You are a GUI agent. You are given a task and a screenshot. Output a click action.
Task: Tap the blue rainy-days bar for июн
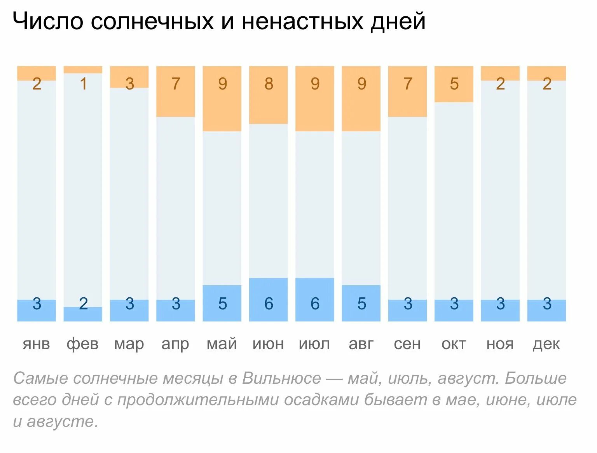point(268,300)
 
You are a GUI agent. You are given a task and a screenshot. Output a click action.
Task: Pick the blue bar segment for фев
point(83,314)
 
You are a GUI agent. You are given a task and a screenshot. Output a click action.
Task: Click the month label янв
point(37,344)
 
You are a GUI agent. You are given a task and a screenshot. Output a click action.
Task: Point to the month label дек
point(546,344)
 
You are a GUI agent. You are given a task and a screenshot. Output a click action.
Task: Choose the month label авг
point(361,344)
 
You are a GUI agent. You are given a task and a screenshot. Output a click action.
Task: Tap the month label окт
point(454,344)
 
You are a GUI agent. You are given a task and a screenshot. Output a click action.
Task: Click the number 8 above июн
point(269,84)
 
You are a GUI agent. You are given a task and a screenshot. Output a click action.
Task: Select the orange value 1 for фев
point(83,84)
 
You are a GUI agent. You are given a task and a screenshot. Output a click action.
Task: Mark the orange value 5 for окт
point(454,84)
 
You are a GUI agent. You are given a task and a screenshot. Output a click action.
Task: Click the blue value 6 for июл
point(315,304)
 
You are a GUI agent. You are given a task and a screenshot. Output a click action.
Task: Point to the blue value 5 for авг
point(361,304)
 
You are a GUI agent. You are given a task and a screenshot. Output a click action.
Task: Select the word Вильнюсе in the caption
point(282,378)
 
